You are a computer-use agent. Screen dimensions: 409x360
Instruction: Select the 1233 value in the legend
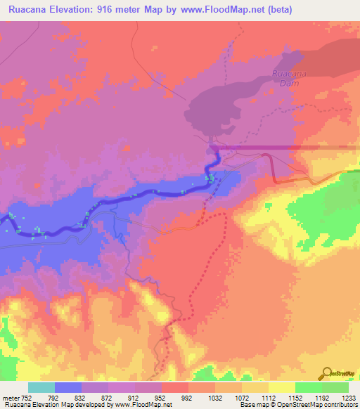click(x=349, y=397)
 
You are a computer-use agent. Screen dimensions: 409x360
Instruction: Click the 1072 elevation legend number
click(x=250, y=397)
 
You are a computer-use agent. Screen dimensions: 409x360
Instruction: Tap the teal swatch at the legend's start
click(x=41, y=387)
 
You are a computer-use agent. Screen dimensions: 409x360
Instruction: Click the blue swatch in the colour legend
click(x=68, y=387)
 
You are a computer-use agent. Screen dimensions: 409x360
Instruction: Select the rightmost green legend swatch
click(x=335, y=387)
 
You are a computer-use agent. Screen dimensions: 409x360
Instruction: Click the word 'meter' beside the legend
click(x=12, y=397)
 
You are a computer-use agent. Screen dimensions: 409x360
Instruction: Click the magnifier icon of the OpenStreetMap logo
click(x=327, y=373)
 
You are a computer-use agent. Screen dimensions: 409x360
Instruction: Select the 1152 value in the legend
click(x=303, y=397)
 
